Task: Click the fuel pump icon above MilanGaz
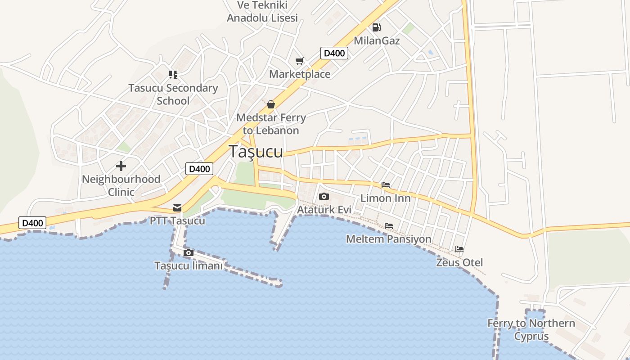tap(376, 27)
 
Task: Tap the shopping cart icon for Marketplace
tap(300, 61)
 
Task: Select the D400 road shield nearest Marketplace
tap(334, 53)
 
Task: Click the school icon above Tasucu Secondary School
tap(173, 74)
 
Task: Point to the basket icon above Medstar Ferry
tap(270, 104)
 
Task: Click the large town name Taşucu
tap(256, 152)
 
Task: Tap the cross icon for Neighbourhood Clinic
tap(121, 166)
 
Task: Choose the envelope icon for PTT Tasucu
tap(177, 208)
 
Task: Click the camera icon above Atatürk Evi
tap(324, 197)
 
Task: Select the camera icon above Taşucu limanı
tap(189, 253)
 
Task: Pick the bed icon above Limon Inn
tap(385, 185)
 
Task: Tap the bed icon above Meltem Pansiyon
tap(389, 226)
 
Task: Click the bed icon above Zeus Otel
tap(459, 249)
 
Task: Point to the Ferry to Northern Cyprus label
tap(531, 330)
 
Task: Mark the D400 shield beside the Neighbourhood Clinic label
tap(199, 169)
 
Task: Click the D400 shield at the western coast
tap(32, 223)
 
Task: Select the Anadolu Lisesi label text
tap(262, 18)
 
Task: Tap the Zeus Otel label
tap(459, 262)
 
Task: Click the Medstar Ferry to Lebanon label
tap(271, 124)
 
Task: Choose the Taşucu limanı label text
tap(189, 266)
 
